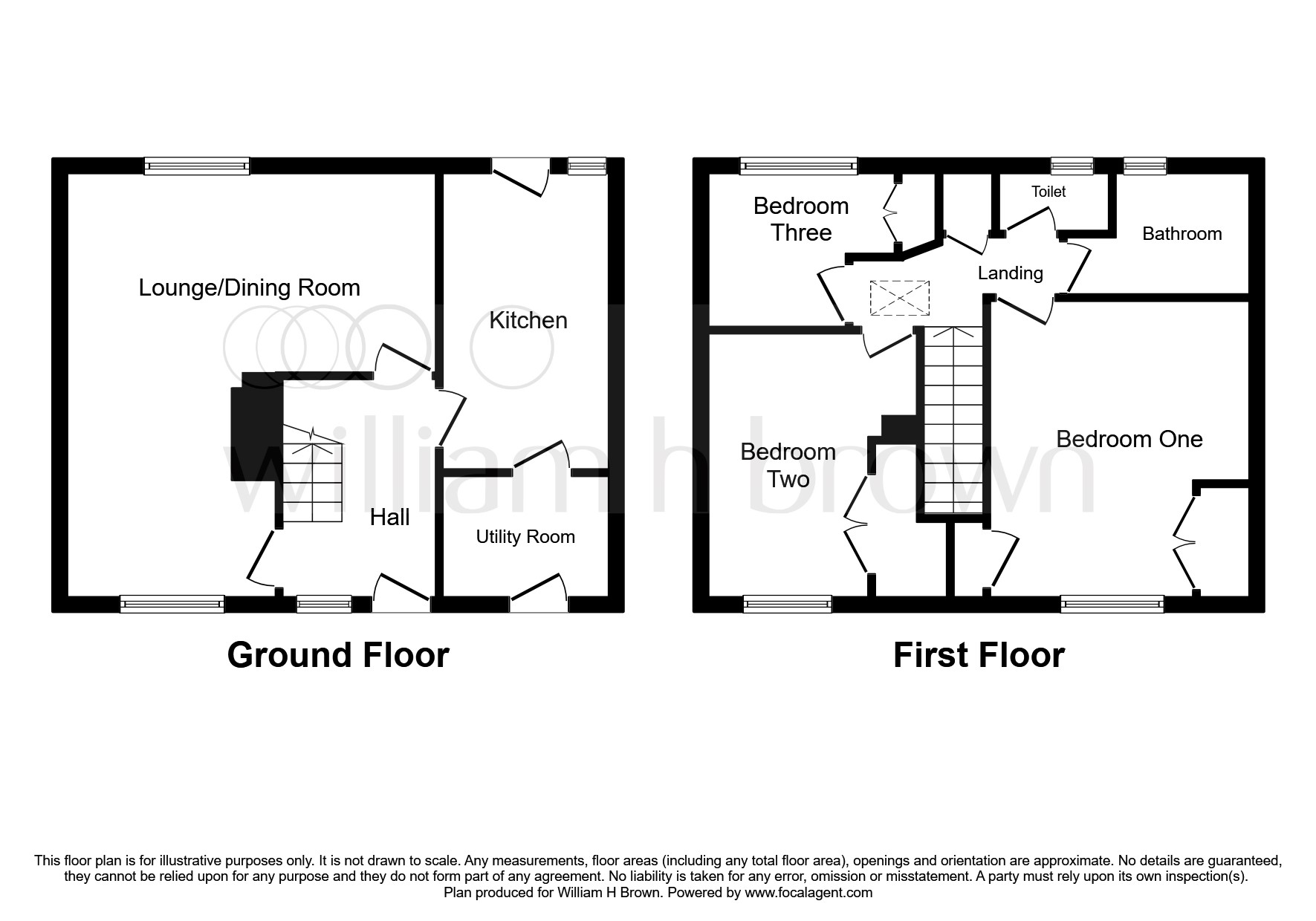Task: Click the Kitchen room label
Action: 528,320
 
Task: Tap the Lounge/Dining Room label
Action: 249,287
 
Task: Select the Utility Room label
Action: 525,536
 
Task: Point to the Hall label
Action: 389,517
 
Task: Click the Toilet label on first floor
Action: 1048,192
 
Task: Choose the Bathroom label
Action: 1182,233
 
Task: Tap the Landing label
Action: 1010,273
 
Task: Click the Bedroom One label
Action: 1129,438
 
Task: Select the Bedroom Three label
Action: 800,219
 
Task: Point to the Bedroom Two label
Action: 788,465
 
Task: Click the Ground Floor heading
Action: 338,655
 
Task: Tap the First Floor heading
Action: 978,655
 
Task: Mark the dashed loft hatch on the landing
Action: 899,298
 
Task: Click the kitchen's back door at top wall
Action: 519,176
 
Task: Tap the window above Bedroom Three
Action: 799,166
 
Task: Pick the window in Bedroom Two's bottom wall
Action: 787,604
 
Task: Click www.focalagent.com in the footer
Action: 808,893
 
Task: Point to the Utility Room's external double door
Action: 538,594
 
